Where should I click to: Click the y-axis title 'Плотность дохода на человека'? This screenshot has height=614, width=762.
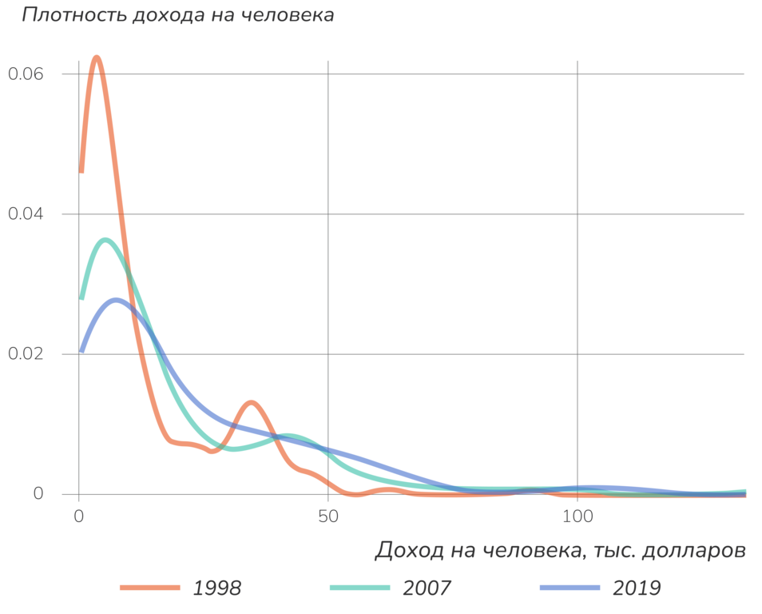(177, 15)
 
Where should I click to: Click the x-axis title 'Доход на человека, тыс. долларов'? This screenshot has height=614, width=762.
(560, 550)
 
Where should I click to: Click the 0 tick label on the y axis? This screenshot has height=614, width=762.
(37, 494)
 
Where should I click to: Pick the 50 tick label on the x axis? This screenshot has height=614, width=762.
(327, 517)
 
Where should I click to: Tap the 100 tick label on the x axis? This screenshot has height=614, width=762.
(577, 517)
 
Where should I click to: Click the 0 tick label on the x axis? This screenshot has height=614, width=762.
(78, 517)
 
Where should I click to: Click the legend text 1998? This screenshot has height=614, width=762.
(217, 588)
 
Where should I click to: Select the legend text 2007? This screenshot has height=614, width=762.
(427, 588)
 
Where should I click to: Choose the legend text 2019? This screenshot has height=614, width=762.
(637, 588)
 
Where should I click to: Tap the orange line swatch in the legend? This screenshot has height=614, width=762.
(150, 588)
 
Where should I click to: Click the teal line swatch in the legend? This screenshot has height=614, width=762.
(360, 588)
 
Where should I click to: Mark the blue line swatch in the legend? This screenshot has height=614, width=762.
(570, 588)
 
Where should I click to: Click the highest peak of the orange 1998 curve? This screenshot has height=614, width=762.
(97, 58)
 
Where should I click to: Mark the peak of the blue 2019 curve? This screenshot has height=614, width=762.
(117, 301)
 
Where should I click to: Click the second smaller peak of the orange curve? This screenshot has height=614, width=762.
(252, 402)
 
